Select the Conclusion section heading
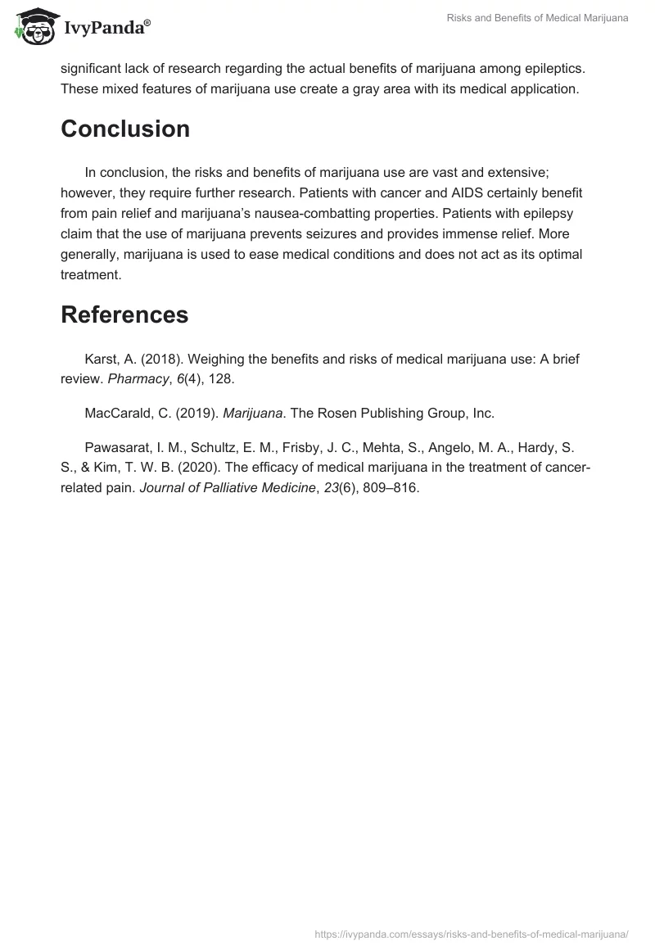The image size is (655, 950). pyautogui.click(x=125, y=129)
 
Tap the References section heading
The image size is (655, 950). pyautogui.click(x=124, y=315)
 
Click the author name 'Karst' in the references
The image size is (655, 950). pyautogui.click(x=101, y=360)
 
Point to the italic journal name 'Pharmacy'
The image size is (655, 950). pyautogui.click(x=140, y=380)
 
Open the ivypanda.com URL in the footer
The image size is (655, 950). pyautogui.click(x=472, y=934)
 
